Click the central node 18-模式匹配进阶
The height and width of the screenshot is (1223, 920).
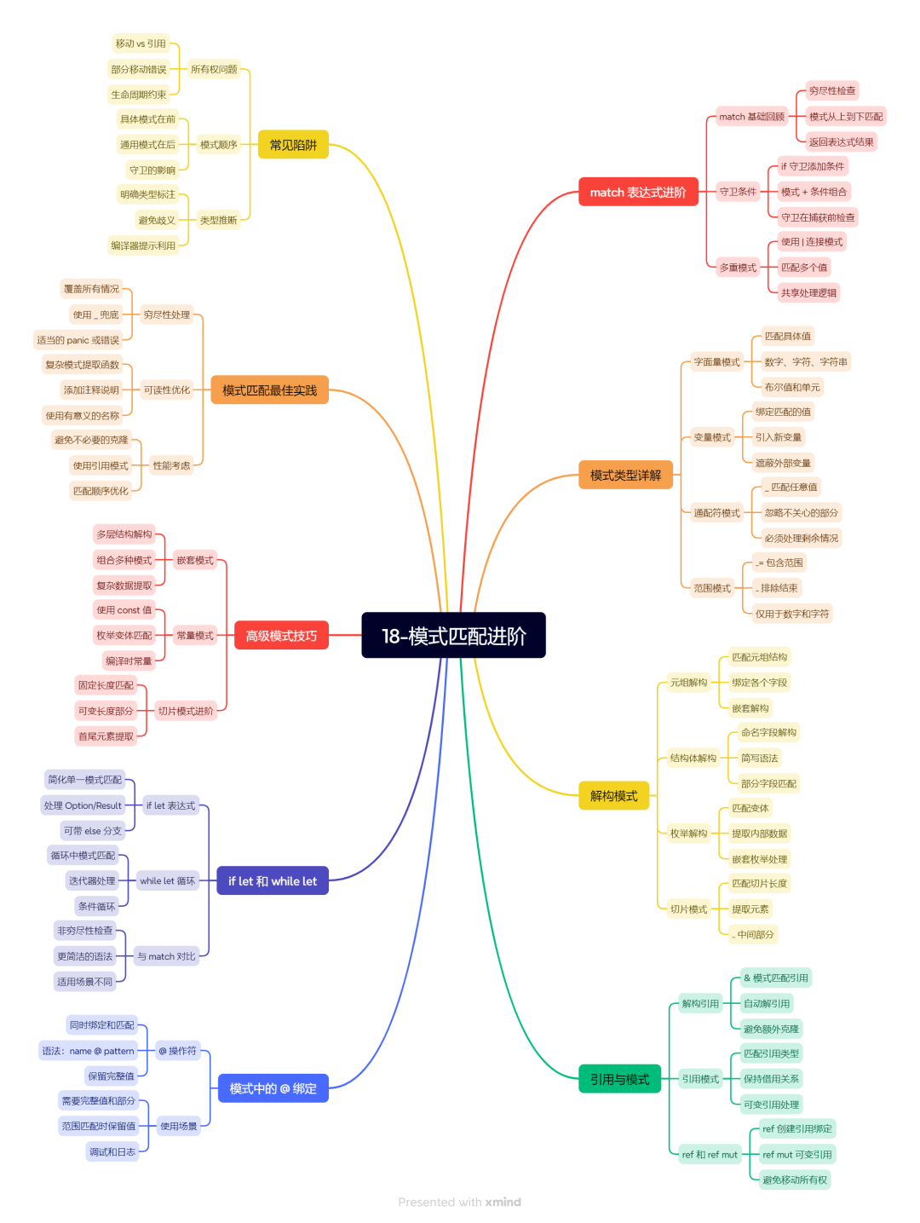click(x=453, y=635)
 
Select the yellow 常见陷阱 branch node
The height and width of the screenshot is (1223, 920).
click(x=293, y=144)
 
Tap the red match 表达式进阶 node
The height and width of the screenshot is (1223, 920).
click(x=638, y=192)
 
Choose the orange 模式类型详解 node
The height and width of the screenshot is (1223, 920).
click(x=625, y=475)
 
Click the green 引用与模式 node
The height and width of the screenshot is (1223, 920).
click(x=619, y=1079)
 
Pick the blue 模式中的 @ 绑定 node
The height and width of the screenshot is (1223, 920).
click(x=273, y=1088)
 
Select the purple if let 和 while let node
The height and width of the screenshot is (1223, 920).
click(x=273, y=880)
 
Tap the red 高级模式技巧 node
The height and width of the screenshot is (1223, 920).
click(x=281, y=635)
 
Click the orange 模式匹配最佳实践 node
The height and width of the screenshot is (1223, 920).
click(x=269, y=390)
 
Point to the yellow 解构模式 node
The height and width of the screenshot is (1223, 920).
click(x=613, y=795)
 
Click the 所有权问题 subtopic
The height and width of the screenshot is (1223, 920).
click(x=214, y=69)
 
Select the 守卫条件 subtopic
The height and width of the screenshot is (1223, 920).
click(x=738, y=192)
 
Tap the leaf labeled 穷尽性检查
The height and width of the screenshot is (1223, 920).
click(x=832, y=90)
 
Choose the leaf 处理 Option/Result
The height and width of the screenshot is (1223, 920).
click(x=83, y=805)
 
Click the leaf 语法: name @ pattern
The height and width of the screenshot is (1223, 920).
click(x=88, y=1050)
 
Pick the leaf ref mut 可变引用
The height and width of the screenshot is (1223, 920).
click(x=797, y=1154)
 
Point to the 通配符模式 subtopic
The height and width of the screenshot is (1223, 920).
click(x=716, y=512)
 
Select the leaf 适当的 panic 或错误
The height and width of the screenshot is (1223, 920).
click(x=78, y=340)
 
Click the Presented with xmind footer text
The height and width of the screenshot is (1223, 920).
click(x=459, y=1202)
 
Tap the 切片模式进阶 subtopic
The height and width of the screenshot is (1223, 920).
click(x=186, y=711)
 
